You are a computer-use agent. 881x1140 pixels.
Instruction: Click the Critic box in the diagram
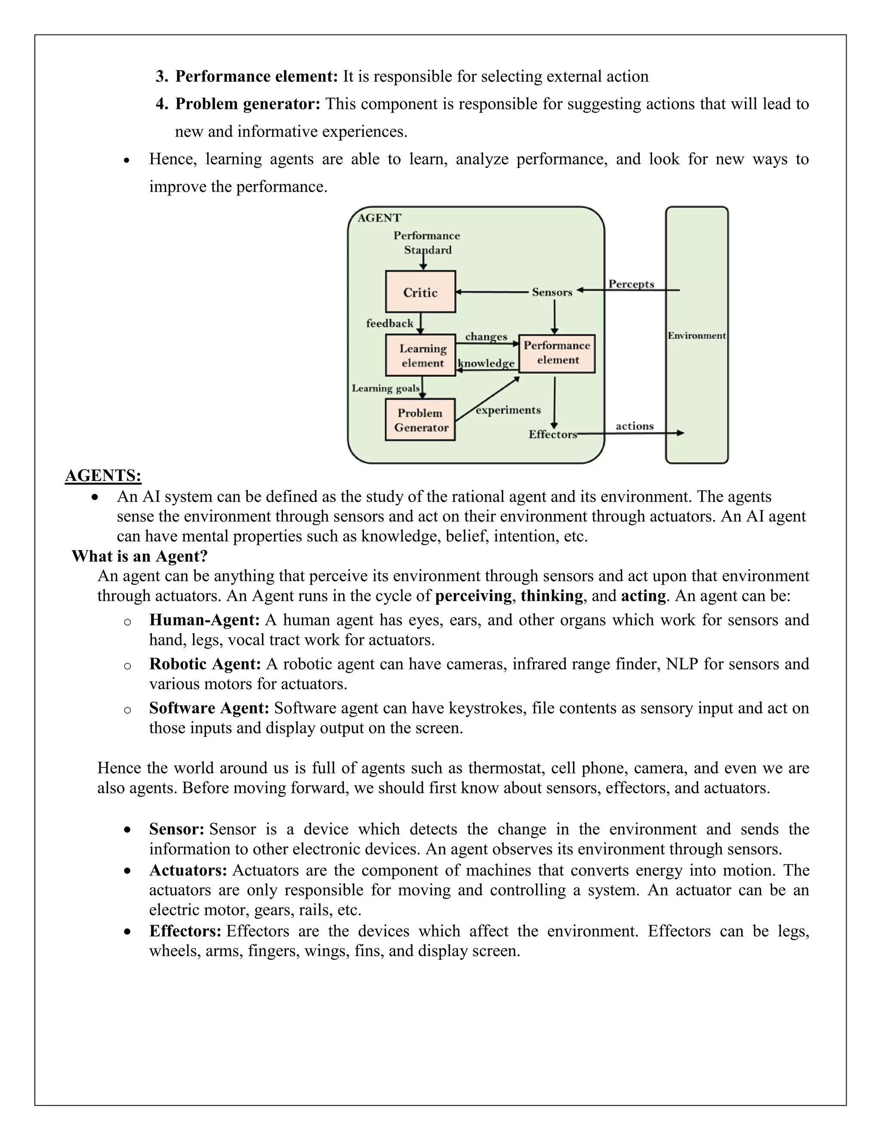tap(420, 292)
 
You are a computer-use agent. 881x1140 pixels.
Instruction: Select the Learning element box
tap(420, 355)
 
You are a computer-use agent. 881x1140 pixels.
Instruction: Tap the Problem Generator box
tap(420, 420)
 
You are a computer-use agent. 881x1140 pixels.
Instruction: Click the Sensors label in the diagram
tap(551, 292)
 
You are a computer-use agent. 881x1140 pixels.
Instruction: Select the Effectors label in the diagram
tap(552, 434)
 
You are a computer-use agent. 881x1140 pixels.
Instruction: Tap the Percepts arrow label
tap(631, 284)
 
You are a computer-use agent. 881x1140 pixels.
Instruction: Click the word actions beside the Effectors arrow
tap(634, 426)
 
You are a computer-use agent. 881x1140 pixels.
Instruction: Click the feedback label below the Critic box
tap(389, 323)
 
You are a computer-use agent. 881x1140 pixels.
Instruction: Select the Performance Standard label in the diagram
tap(426, 243)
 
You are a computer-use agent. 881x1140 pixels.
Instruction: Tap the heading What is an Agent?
tap(139, 556)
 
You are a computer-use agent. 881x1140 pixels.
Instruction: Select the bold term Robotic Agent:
tap(205, 663)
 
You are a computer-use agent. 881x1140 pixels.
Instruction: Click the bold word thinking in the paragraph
tap(551, 595)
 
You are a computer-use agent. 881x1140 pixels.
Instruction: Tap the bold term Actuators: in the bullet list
tap(188, 870)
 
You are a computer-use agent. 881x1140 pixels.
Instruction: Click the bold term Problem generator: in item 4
tap(247, 104)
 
